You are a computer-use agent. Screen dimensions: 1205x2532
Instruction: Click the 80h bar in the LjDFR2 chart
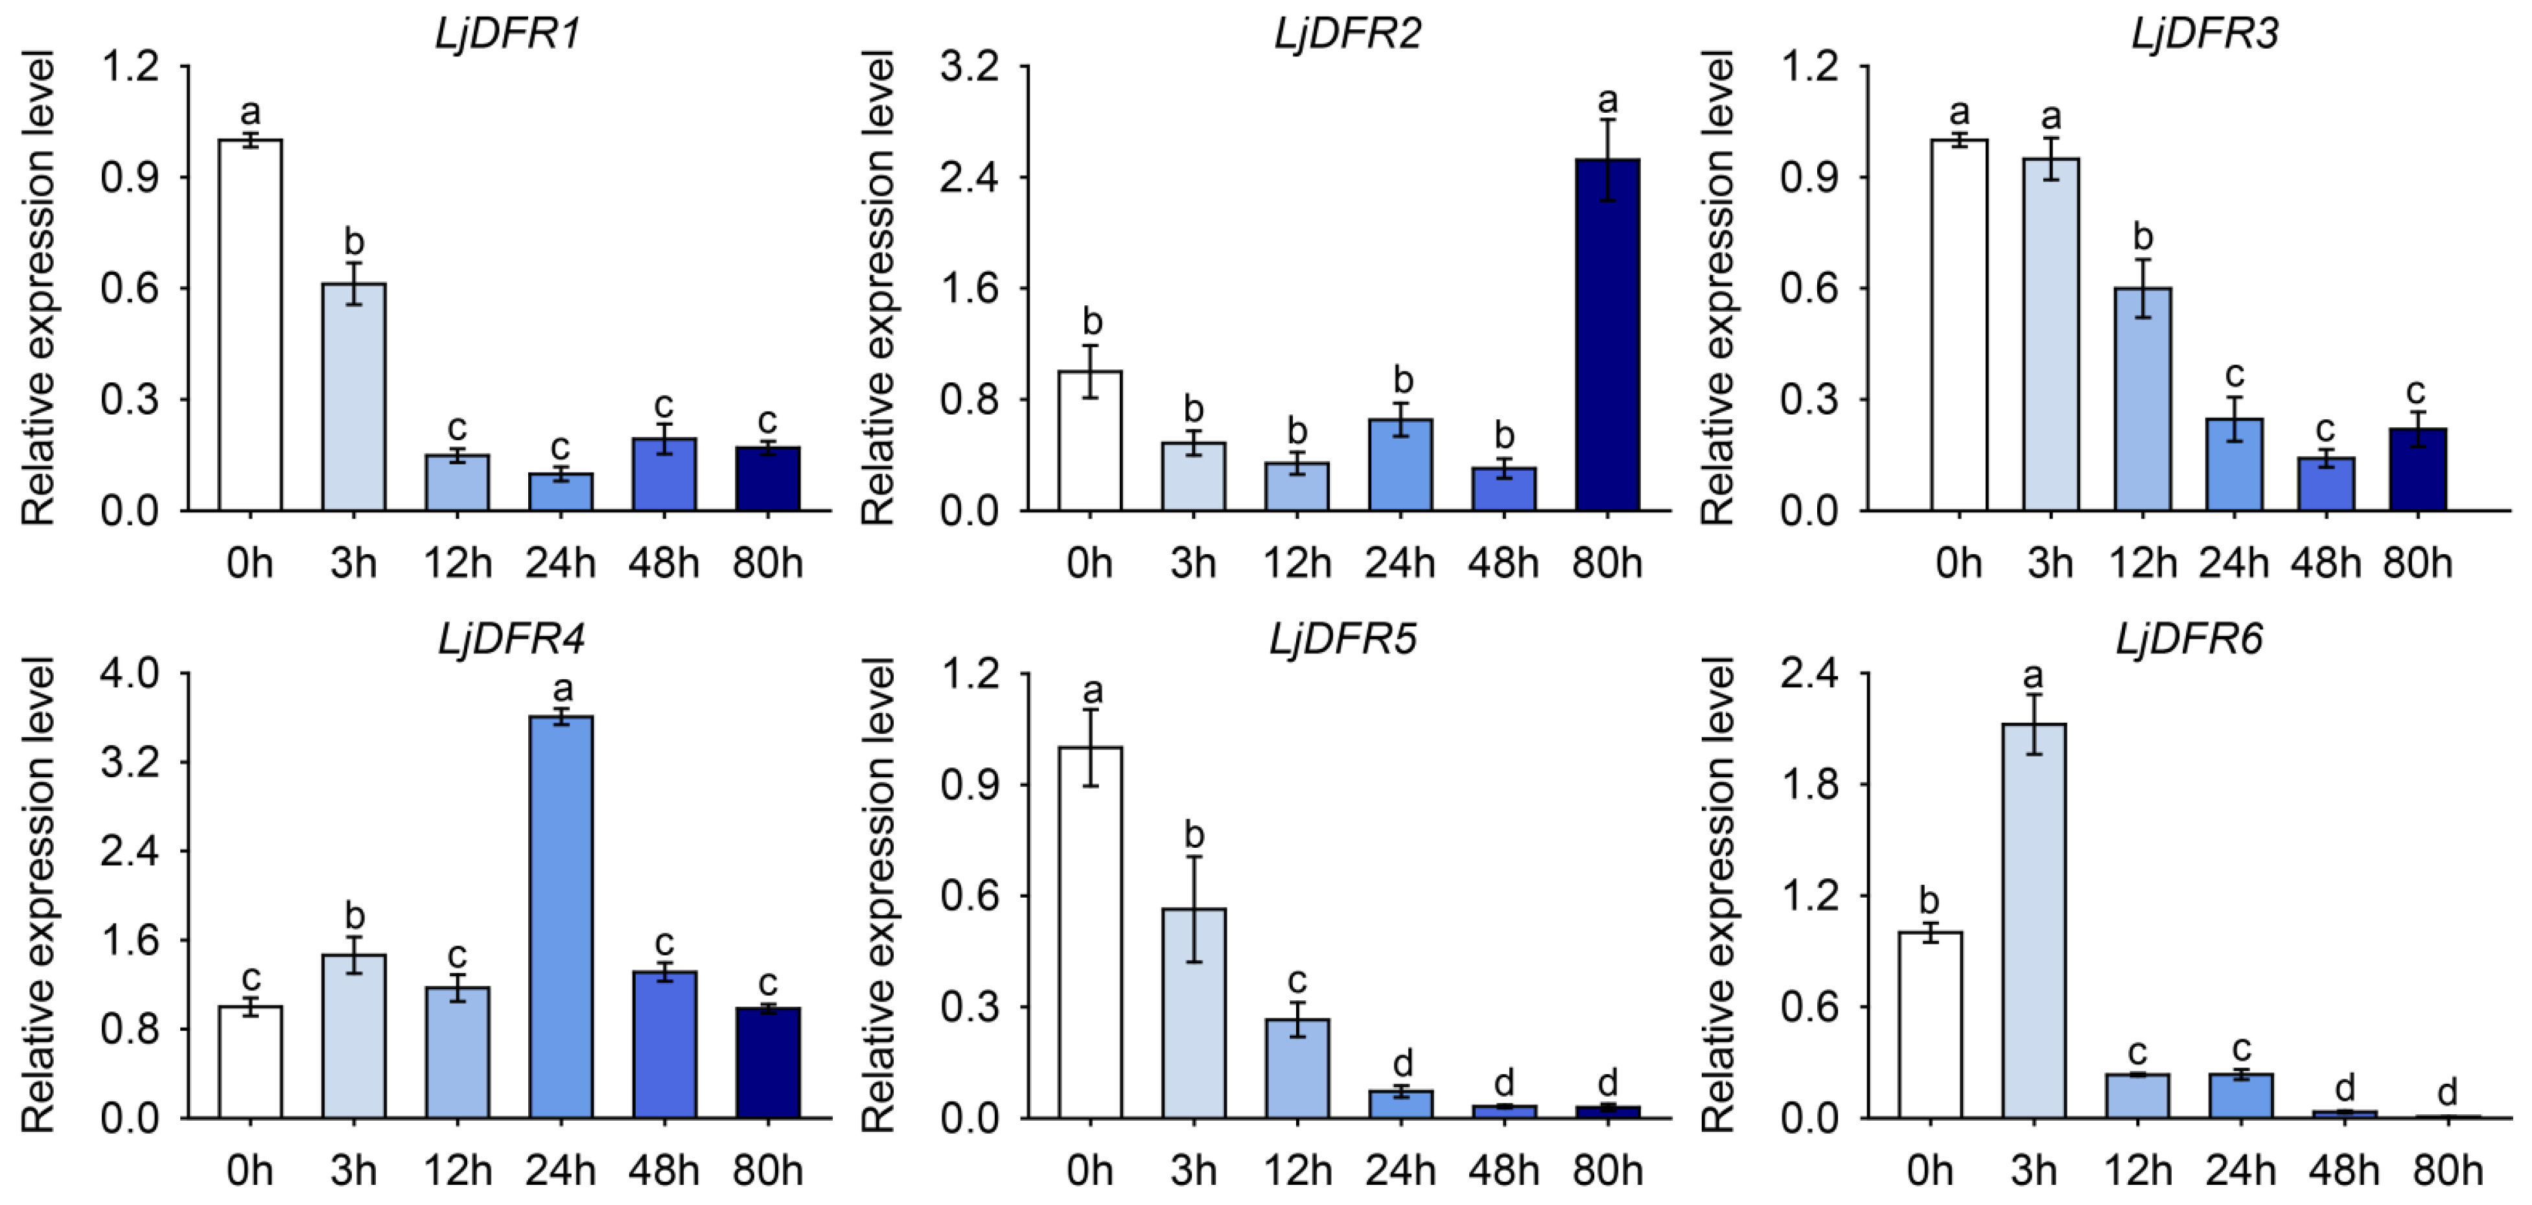1607,334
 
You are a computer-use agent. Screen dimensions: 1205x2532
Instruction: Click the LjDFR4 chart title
511,640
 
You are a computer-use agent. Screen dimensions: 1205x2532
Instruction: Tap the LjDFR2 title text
1347,34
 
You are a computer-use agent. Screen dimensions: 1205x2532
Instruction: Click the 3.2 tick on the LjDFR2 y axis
969,67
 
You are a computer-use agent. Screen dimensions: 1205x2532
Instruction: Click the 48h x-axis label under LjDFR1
664,563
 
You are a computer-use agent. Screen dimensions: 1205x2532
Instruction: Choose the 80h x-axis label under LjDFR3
2417,563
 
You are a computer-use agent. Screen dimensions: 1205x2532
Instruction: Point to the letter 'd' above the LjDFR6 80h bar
2448,1091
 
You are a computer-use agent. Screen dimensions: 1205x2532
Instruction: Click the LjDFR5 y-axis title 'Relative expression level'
877,895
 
